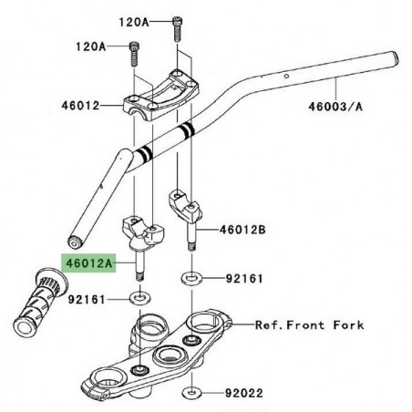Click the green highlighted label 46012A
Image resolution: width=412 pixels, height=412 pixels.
point(88,263)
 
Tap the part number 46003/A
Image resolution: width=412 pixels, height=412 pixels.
point(338,107)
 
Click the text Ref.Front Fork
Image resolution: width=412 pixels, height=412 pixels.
point(309,325)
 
